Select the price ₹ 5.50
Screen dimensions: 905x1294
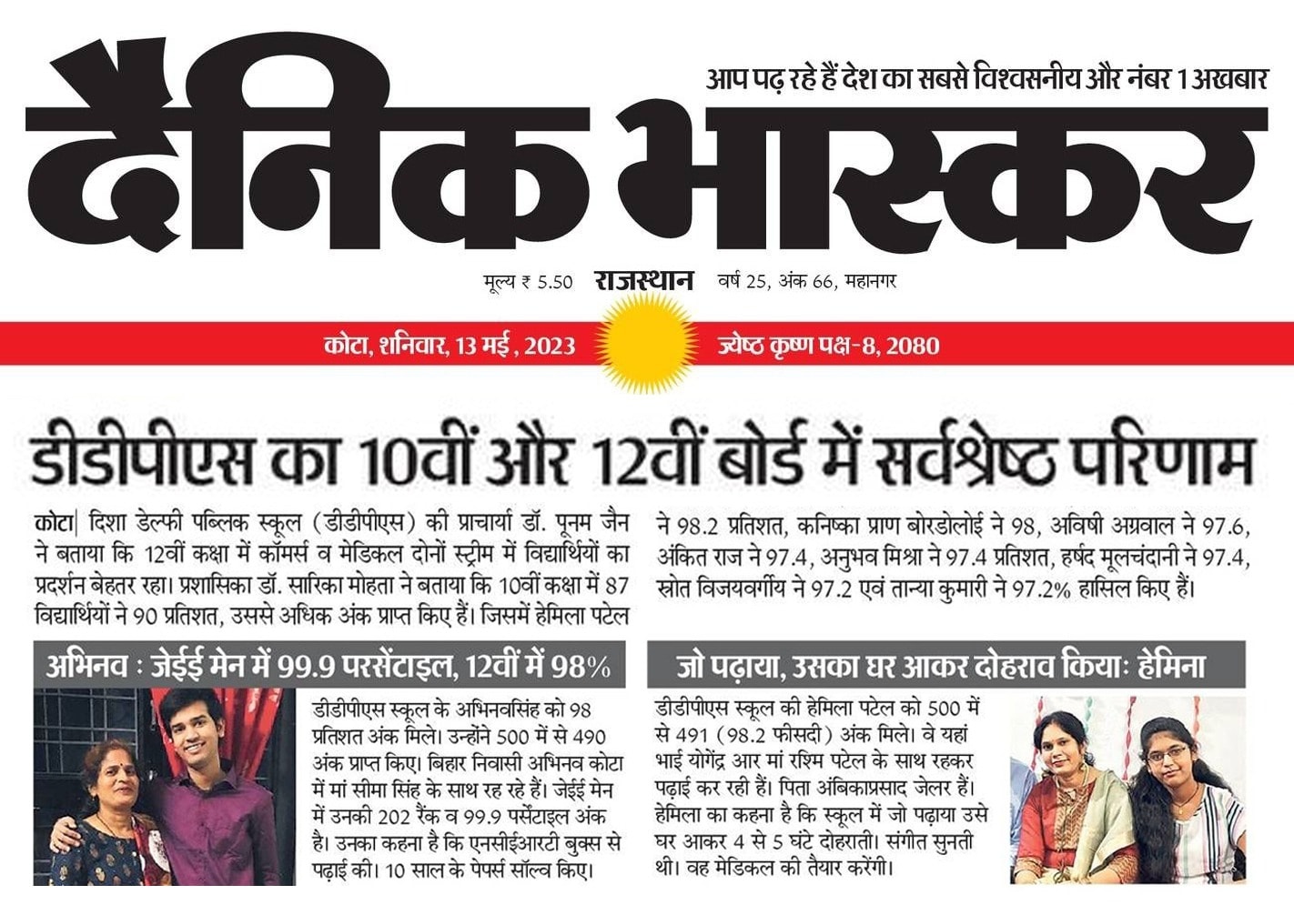point(546,282)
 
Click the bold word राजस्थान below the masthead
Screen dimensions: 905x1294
point(644,280)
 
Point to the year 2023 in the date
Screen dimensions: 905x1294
point(550,346)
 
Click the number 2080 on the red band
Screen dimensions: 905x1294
point(913,346)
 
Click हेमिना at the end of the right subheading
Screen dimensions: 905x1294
point(1168,667)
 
